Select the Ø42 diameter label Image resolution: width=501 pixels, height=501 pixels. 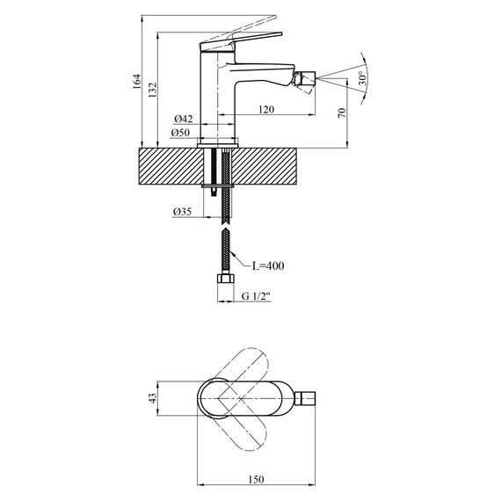click(x=183, y=119)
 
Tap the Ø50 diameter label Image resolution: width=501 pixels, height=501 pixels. click(x=181, y=133)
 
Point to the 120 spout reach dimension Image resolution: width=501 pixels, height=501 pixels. click(x=268, y=110)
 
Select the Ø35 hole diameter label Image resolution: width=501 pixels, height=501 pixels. click(x=183, y=211)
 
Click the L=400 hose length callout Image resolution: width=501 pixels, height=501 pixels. click(x=269, y=265)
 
